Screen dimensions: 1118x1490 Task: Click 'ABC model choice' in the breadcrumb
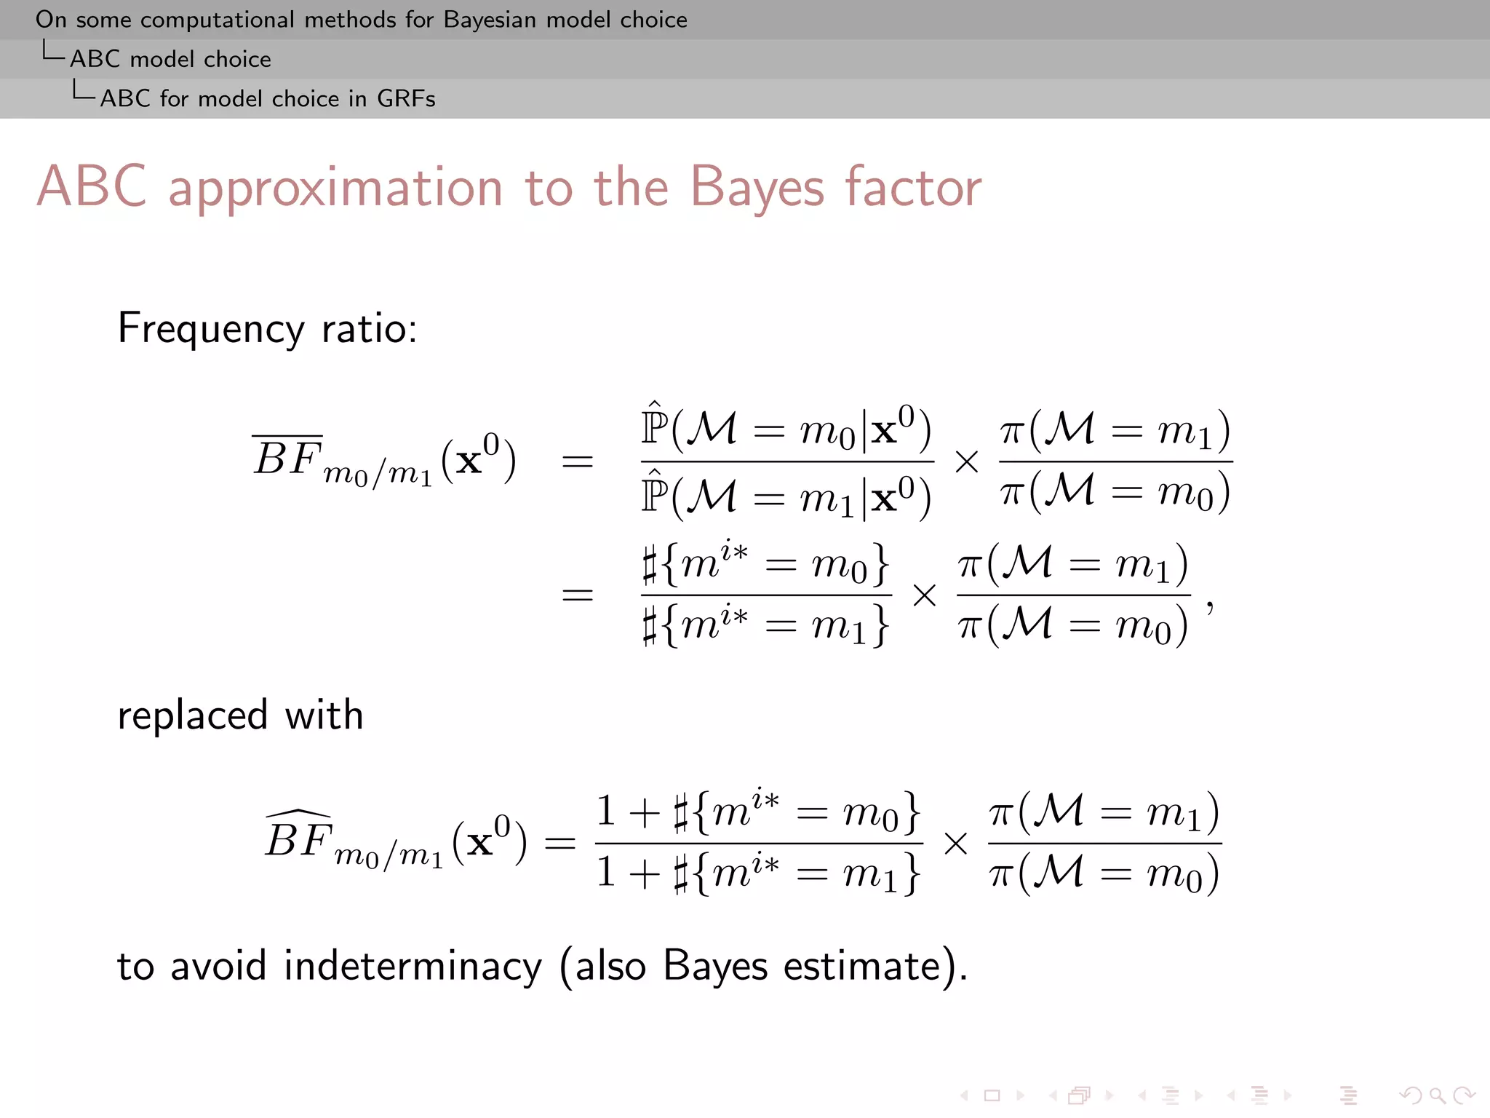170,59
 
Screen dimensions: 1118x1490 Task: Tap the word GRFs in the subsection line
406,98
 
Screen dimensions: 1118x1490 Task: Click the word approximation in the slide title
335,187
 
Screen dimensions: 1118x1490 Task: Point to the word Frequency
211,329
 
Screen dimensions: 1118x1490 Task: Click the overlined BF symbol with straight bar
287,459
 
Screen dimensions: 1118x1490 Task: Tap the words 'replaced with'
240,715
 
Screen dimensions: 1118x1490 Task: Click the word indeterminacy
413,967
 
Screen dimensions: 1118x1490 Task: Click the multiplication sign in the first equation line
966,461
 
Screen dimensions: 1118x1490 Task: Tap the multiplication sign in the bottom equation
955,844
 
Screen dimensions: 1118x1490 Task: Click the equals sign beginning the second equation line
578,595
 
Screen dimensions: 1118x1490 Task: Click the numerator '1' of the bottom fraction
606,811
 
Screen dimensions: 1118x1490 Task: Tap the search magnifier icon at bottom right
1437,1095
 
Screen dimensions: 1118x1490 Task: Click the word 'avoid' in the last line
218,967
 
